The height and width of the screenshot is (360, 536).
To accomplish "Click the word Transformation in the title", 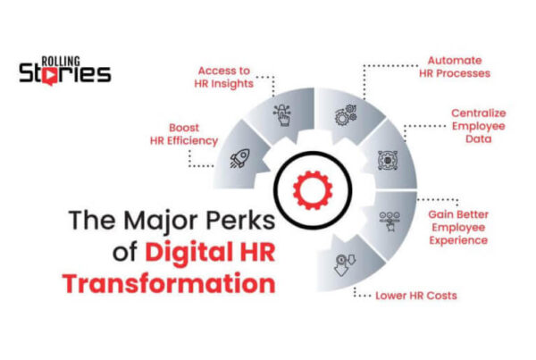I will (x=168, y=283).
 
